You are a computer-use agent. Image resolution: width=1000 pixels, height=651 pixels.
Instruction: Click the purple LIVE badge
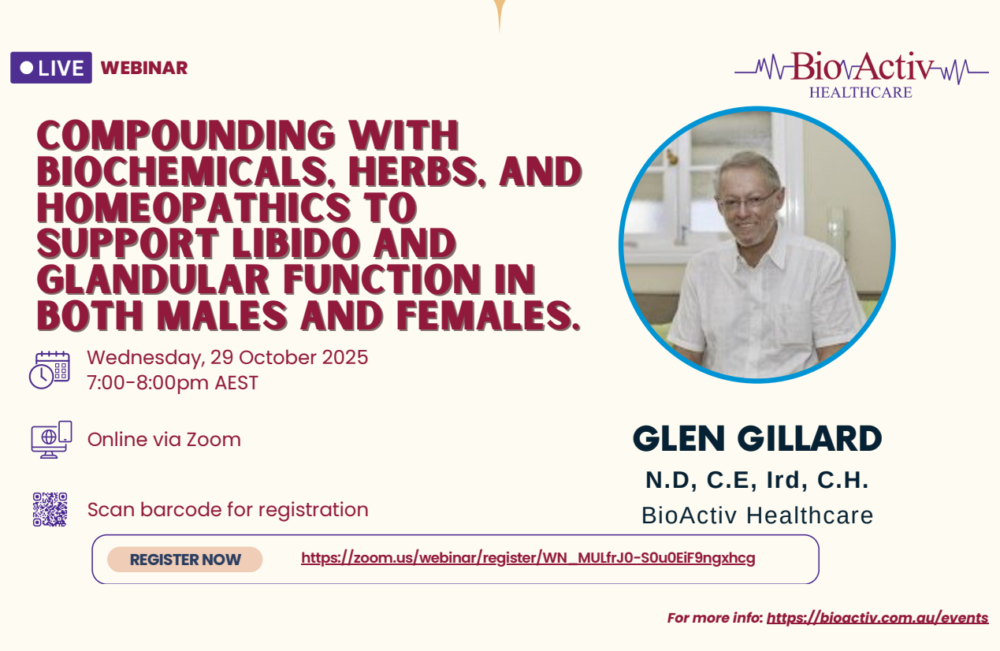51,68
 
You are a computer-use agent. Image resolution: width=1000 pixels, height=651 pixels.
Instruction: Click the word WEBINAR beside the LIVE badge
144,68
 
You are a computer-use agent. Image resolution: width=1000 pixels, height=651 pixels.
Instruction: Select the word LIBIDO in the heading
296,244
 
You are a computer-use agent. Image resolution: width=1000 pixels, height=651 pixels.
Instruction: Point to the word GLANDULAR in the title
153,280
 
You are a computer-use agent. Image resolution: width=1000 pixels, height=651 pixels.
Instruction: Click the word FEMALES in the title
489,316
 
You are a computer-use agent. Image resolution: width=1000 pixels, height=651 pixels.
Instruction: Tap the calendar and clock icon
50,370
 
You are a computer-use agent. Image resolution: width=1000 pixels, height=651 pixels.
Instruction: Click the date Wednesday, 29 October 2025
227,357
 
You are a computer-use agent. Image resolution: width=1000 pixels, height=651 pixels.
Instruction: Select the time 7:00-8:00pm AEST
173,383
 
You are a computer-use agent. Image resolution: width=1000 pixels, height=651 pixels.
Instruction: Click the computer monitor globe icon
51,439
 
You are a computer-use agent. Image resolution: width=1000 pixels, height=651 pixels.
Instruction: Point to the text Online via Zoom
164,439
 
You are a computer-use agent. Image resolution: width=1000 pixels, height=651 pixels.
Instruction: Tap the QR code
50,509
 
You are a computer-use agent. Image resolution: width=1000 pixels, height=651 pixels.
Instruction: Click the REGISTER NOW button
185,560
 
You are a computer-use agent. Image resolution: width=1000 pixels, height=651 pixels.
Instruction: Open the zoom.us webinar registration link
528,558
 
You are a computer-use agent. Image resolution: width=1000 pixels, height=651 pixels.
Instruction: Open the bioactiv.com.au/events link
877,618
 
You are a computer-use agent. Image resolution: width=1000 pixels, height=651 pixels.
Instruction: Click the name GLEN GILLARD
757,438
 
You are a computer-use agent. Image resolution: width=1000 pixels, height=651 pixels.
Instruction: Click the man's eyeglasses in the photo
749,200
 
